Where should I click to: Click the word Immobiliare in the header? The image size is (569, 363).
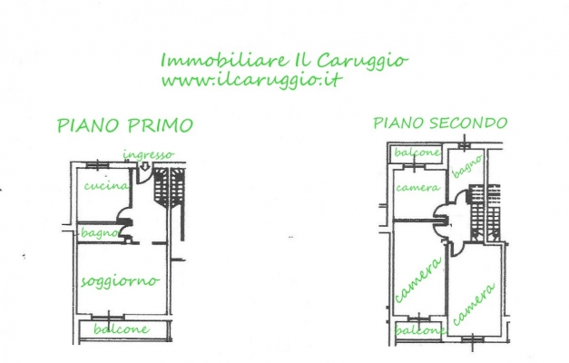point(224,60)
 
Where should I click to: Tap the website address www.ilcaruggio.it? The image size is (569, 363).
point(252,80)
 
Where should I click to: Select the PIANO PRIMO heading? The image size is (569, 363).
point(125,125)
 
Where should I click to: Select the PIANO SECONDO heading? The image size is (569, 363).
point(440,123)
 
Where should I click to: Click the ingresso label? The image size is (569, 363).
point(149,155)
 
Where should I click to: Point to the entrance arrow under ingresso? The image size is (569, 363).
point(145,166)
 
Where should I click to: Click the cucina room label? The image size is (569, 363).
point(106,186)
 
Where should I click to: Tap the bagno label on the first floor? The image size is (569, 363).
point(100,233)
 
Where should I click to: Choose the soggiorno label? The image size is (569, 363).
point(120,281)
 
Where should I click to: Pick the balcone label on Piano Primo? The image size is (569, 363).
point(122,329)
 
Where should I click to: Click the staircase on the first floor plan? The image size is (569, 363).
point(170,188)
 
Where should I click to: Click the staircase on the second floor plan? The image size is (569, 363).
point(486,212)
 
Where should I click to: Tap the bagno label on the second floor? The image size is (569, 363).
point(467,166)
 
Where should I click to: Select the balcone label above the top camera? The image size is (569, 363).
point(417,152)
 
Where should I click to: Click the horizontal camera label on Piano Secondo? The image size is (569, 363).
point(418,187)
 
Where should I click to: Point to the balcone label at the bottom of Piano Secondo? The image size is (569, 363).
point(420,330)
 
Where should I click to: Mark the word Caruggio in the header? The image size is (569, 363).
point(362,61)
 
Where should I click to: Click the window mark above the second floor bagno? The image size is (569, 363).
point(464,145)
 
